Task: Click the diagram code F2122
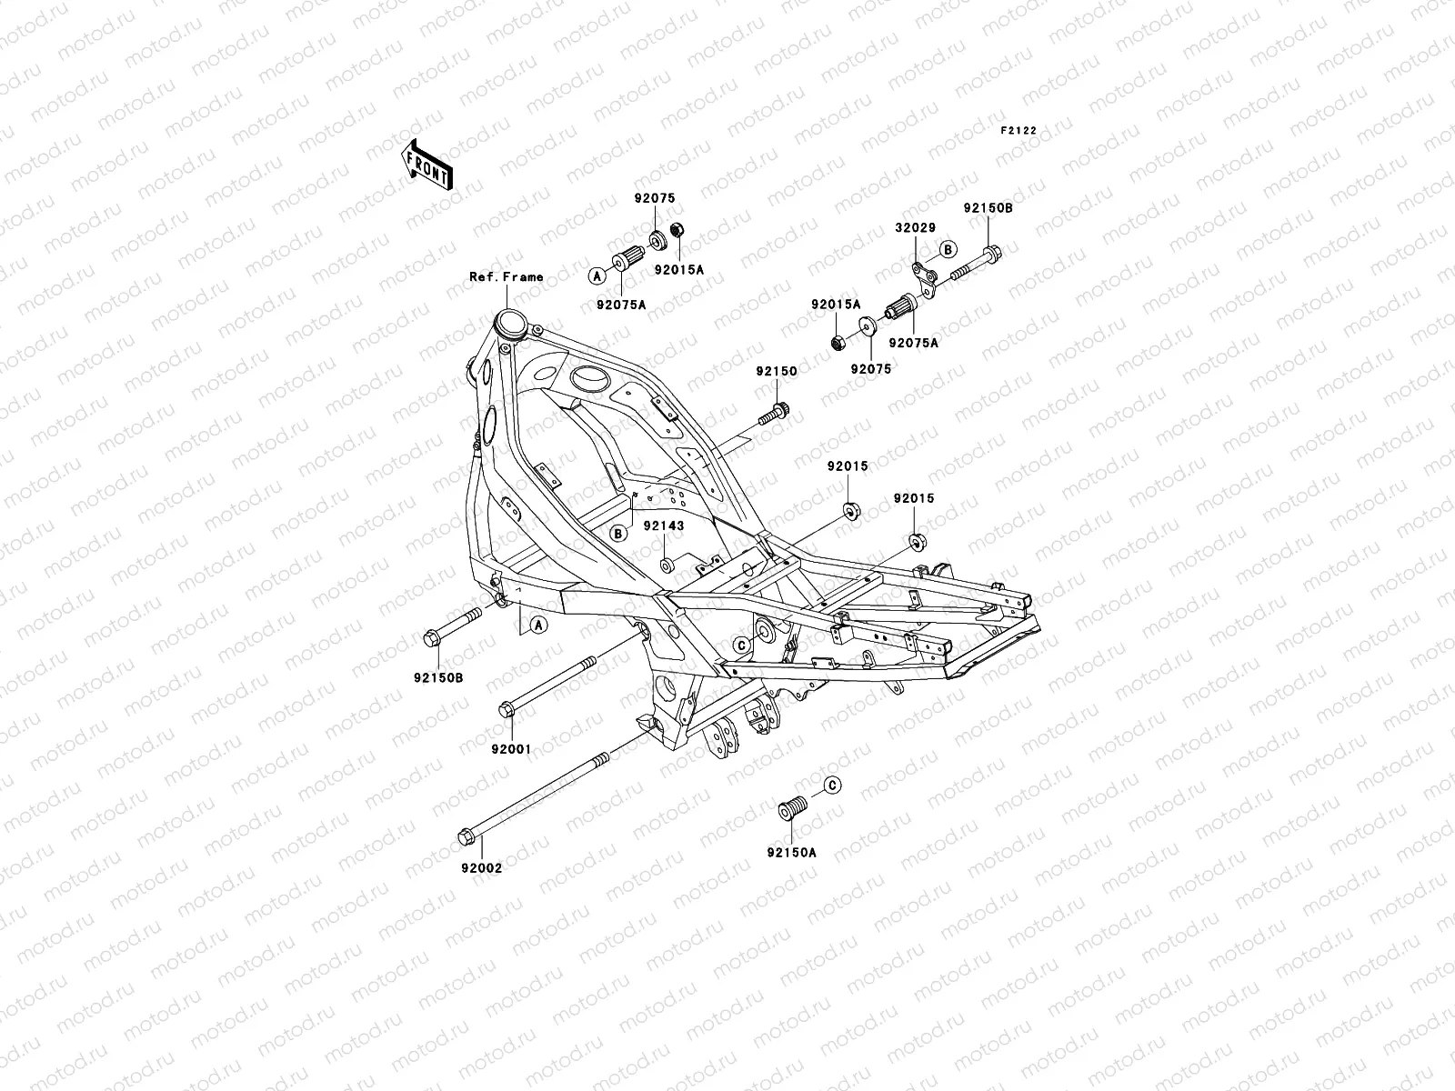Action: tap(1018, 131)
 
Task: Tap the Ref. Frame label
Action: tap(506, 276)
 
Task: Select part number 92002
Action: tap(481, 867)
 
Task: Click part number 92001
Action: tap(511, 749)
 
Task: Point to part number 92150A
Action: tap(791, 853)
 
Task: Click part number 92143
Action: tap(664, 525)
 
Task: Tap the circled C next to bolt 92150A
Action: tap(833, 785)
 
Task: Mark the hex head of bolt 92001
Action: tap(506, 709)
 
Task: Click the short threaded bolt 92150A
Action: tap(793, 806)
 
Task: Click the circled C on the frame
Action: tap(741, 645)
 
